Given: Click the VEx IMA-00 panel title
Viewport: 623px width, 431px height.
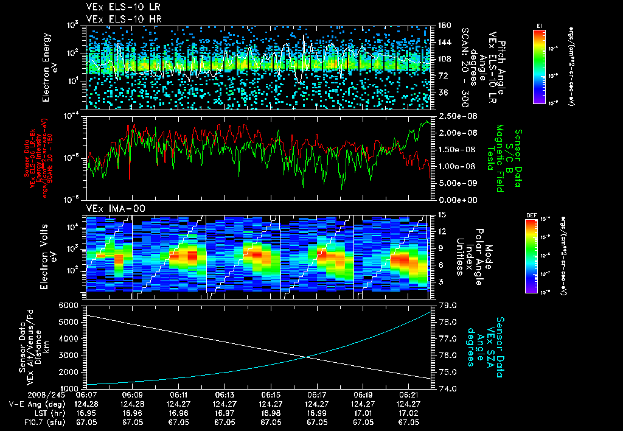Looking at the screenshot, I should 108,208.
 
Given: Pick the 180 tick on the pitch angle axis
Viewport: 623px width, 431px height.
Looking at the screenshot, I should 444,26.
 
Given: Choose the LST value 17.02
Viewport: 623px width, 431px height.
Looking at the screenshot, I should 408,412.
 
